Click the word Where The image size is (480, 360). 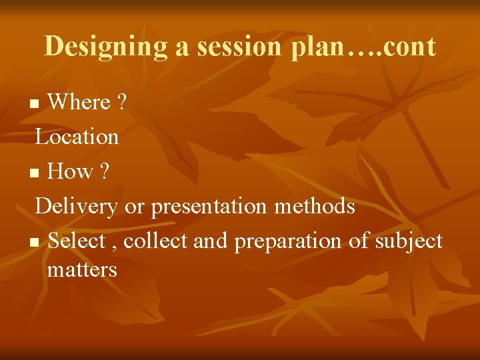click(79, 102)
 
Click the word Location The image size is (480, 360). click(77, 137)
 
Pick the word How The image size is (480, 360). click(71, 171)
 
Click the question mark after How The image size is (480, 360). click(105, 171)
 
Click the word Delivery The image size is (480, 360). click(77, 207)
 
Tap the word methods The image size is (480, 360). click(315, 207)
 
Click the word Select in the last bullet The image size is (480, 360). click(77, 241)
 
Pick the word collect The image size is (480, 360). click(157, 241)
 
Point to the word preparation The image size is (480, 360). click(289, 241)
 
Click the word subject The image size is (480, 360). click(405, 241)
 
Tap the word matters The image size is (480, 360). click(82, 270)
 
